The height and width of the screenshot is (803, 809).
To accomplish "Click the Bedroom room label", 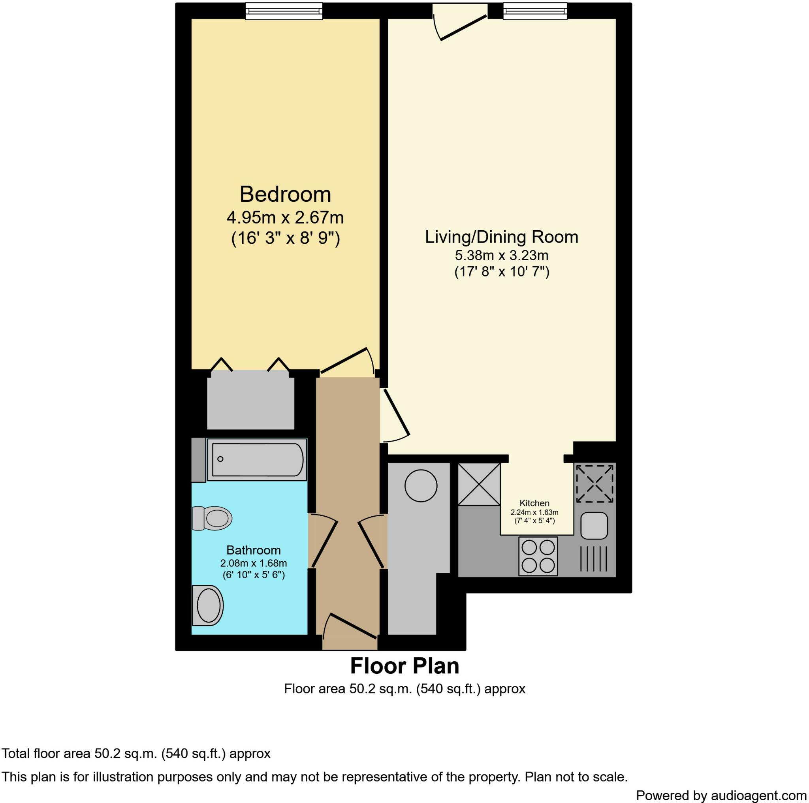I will click(285, 195).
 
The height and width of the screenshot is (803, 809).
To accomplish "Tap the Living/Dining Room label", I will click(501, 237).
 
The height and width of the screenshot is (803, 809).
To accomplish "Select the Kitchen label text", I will click(534, 503).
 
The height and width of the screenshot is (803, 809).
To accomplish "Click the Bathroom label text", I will click(253, 550).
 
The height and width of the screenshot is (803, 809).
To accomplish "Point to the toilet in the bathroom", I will click(213, 518).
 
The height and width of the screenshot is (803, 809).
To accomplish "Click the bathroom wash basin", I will click(208, 606).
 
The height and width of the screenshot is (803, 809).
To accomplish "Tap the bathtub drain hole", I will click(220, 459).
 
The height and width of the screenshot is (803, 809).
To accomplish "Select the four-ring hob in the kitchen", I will click(538, 557).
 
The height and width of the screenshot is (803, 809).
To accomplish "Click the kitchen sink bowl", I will click(594, 526).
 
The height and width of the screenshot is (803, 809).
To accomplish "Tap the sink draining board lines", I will click(593, 559).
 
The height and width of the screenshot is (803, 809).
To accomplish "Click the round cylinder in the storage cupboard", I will click(421, 486).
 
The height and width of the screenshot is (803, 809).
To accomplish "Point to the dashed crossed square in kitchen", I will click(595, 484).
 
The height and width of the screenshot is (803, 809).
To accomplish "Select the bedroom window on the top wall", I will click(284, 11).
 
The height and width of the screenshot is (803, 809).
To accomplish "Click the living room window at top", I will click(535, 11).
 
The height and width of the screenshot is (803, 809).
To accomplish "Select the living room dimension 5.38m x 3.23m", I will click(501, 255).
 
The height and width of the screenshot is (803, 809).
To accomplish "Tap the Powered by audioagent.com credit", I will click(721, 795).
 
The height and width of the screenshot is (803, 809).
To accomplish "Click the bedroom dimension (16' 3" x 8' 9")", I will click(285, 238).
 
